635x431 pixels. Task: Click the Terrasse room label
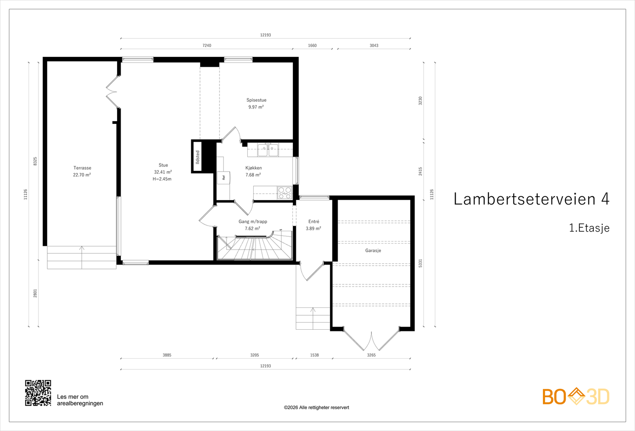[82, 168]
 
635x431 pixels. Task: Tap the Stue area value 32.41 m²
[163, 172]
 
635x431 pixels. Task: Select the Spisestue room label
[256, 100]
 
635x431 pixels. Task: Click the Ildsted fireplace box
[198, 157]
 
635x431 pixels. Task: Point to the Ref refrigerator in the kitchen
[224, 178]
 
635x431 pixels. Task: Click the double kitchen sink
[268, 150]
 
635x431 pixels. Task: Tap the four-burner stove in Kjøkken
[285, 193]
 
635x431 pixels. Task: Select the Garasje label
[373, 251]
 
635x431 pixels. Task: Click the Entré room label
[314, 222]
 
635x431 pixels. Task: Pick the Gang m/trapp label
[253, 222]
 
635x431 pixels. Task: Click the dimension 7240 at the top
[207, 45]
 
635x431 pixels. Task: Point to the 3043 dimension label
[374, 45]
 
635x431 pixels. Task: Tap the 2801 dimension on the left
[35, 294]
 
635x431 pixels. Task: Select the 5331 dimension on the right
[420, 263]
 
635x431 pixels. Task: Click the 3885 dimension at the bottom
[167, 355]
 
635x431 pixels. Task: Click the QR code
[38, 393]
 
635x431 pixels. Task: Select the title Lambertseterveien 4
[531, 199]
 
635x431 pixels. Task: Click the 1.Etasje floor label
[589, 228]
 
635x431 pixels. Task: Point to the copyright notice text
[316, 408]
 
